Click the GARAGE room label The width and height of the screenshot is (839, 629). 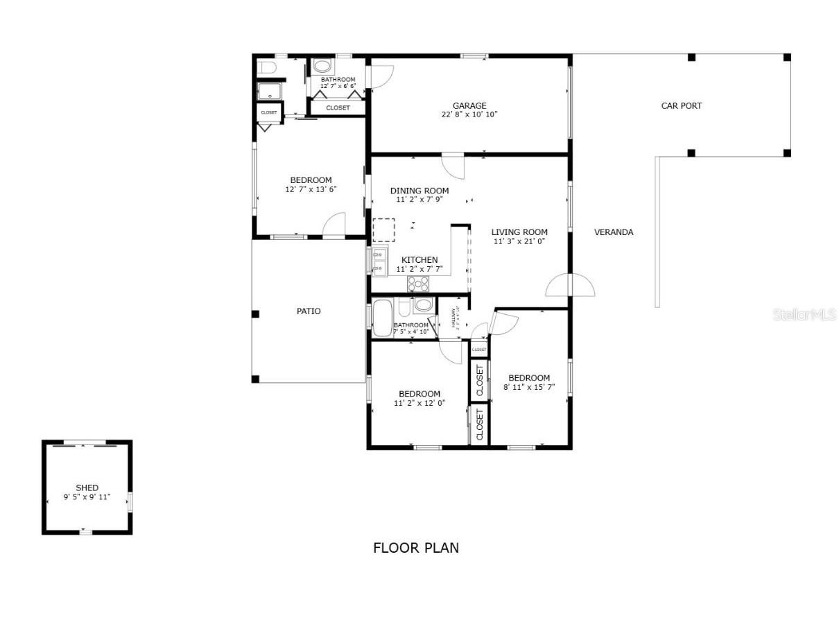pos(469,106)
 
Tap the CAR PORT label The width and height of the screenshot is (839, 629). pos(681,106)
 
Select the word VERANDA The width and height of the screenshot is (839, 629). pos(614,232)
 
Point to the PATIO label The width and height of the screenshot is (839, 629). pos(309,311)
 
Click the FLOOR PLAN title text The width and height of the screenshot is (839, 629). pos(416,548)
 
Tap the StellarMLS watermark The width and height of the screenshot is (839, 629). pos(804,315)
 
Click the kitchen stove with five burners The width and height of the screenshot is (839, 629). pos(418,283)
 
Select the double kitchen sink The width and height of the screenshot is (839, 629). pos(378,262)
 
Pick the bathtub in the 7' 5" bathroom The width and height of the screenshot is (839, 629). pos(382,318)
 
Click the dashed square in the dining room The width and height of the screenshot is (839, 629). pos(383,230)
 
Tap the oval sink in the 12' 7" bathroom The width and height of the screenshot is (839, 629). pos(322,67)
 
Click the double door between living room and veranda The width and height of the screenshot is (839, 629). pos(570,285)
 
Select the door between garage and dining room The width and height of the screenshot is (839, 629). pos(453,165)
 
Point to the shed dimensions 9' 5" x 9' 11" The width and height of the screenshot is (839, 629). pos(87,497)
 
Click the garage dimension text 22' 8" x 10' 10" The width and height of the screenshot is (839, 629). pos(469,115)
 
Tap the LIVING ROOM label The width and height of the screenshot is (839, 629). pos(519,232)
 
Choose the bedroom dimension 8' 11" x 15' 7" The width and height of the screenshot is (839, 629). pos(529,387)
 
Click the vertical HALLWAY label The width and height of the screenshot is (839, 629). pos(454,318)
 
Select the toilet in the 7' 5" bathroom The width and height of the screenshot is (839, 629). pos(423,305)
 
